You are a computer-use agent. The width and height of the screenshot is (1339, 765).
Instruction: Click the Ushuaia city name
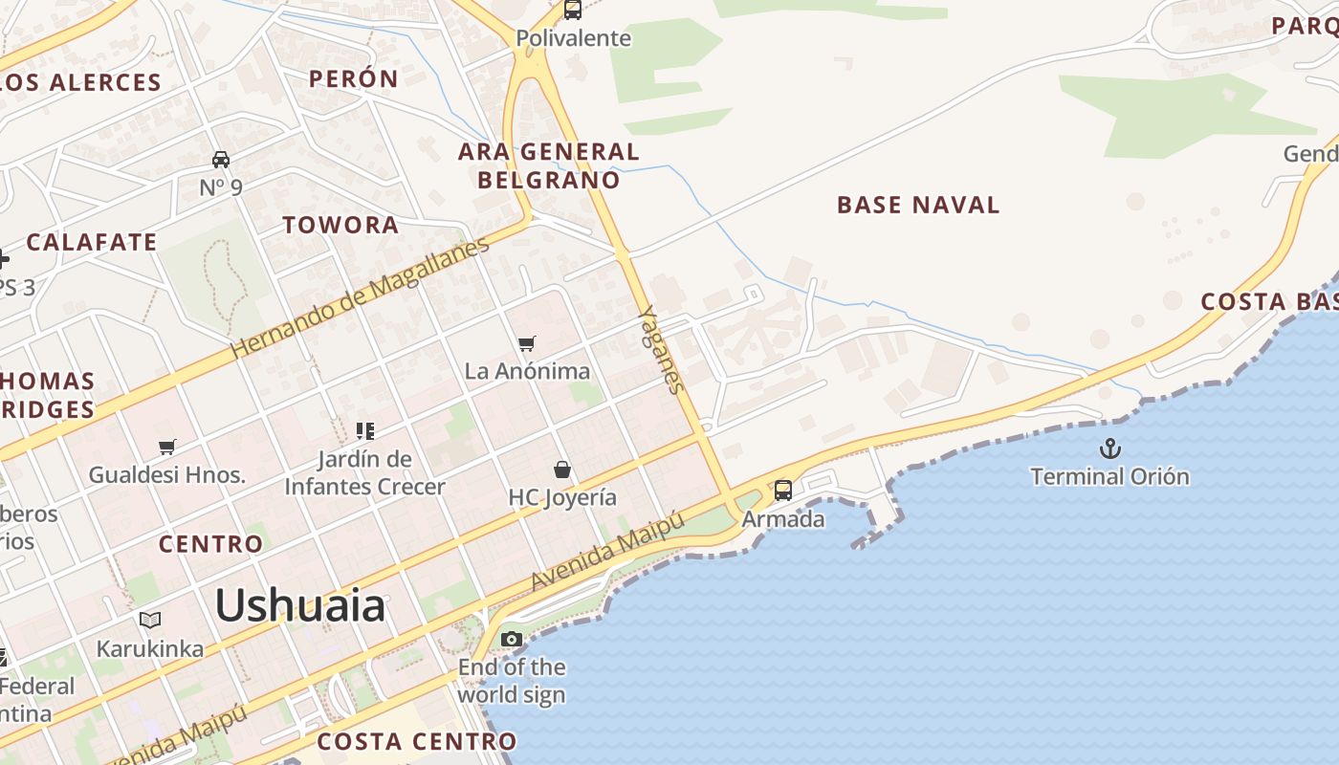299,606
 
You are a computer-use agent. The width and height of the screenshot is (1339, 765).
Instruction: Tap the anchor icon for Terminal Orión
1109,448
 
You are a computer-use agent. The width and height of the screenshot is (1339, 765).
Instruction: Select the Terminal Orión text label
1109,476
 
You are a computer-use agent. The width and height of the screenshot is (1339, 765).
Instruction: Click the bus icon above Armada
783,491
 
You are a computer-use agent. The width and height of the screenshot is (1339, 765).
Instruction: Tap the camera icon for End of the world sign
512,639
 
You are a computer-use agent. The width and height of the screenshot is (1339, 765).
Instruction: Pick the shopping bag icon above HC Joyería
562,470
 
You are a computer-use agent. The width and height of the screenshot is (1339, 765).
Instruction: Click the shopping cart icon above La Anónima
527,343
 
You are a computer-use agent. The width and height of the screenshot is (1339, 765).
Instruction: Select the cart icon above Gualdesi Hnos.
167,447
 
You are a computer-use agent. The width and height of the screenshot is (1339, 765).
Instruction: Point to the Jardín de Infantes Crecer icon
364,431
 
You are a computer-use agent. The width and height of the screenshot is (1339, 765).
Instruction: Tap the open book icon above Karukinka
150,621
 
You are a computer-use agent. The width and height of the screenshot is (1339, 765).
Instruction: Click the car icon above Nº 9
221,159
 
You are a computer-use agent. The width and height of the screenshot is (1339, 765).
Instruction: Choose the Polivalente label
574,38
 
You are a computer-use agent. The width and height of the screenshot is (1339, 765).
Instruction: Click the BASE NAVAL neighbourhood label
918,205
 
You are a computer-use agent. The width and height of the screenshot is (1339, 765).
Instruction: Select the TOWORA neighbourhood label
340,226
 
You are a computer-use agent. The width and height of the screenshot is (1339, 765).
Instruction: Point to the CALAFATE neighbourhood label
92,243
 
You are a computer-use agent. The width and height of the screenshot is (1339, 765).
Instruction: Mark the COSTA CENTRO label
416,741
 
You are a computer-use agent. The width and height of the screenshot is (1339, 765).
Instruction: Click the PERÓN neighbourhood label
353,79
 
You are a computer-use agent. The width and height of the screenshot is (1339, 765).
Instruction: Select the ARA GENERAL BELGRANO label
549,165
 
